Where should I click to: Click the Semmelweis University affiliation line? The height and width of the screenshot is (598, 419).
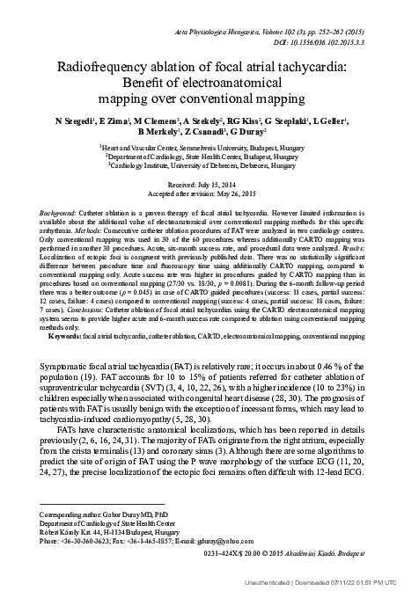(210, 149)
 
